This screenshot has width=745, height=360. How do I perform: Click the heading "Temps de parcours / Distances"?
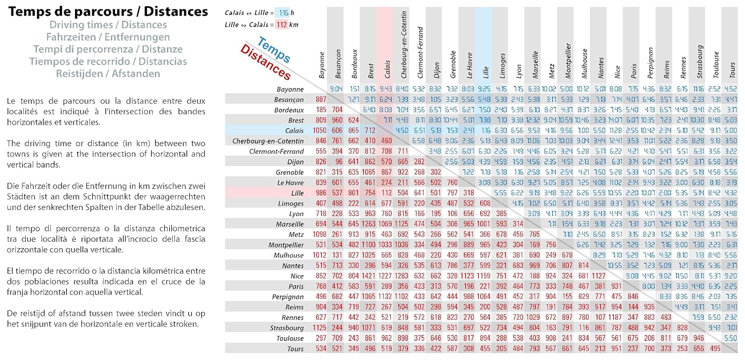click(x=108, y=11)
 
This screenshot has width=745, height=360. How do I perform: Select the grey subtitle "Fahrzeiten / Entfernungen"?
click(x=108, y=37)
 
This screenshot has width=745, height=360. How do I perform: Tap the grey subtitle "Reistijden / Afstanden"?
click(x=108, y=73)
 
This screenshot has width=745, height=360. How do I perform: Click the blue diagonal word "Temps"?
click(x=274, y=51)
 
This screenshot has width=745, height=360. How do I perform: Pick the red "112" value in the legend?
click(x=281, y=25)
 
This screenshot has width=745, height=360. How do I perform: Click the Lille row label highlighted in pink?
click(x=297, y=193)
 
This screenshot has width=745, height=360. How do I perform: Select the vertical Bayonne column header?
click(x=322, y=65)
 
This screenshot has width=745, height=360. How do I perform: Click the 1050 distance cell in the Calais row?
click(x=321, y=131)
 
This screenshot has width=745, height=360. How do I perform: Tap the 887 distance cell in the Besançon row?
click(x=321, y=99)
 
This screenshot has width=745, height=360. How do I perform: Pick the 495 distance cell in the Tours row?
click(x=716, y=348)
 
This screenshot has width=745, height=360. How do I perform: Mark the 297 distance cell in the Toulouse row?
click(x=321, y=338)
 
